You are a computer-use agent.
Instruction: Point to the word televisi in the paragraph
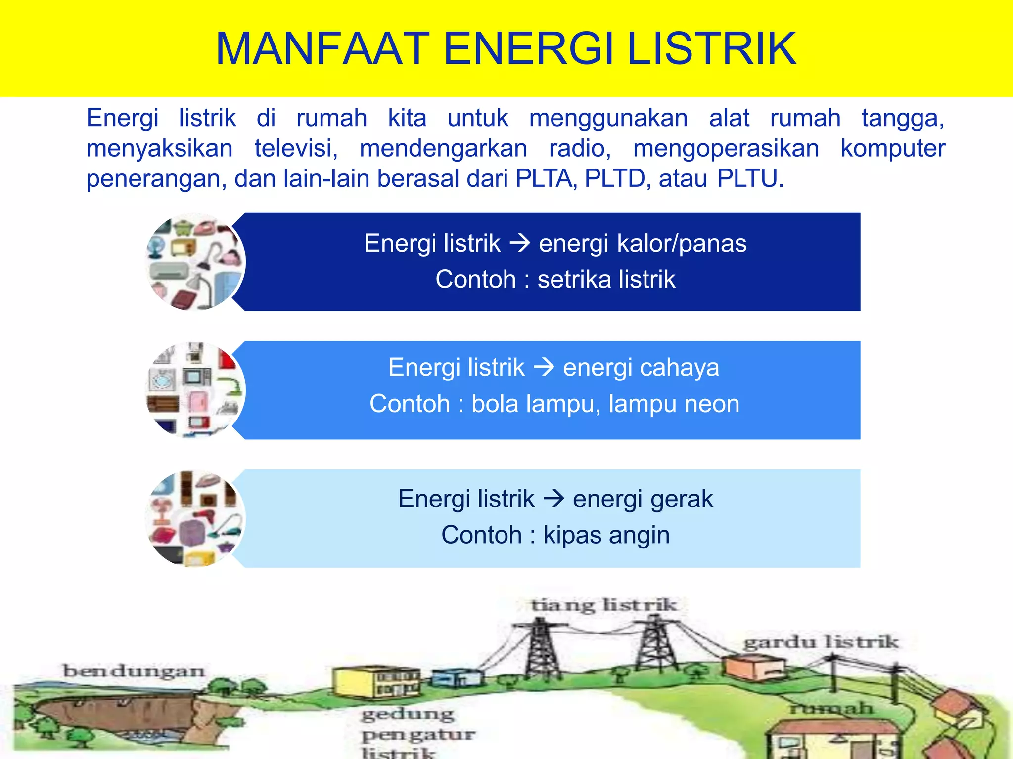click(296, 148)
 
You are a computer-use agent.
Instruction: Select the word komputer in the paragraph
click(893, 148)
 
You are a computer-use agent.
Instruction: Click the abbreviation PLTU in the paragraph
click(749, 178)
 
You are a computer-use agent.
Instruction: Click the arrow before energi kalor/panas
click(519, 243)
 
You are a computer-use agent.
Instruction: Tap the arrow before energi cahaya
click(544, 367)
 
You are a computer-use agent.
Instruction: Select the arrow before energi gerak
click(553, 498)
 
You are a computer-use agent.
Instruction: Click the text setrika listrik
click(606, 279)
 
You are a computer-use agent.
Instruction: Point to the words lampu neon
click(674, 404)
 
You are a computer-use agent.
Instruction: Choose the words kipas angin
click(606, 535)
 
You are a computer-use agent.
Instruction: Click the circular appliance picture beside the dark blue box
click(195, 262)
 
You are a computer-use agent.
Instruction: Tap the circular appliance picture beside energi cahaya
click(195, 390)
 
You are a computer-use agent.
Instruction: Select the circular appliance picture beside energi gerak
click(195, 518)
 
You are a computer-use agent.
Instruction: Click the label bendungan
click(134, 671)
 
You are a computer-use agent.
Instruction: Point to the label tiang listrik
click(603, 605)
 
